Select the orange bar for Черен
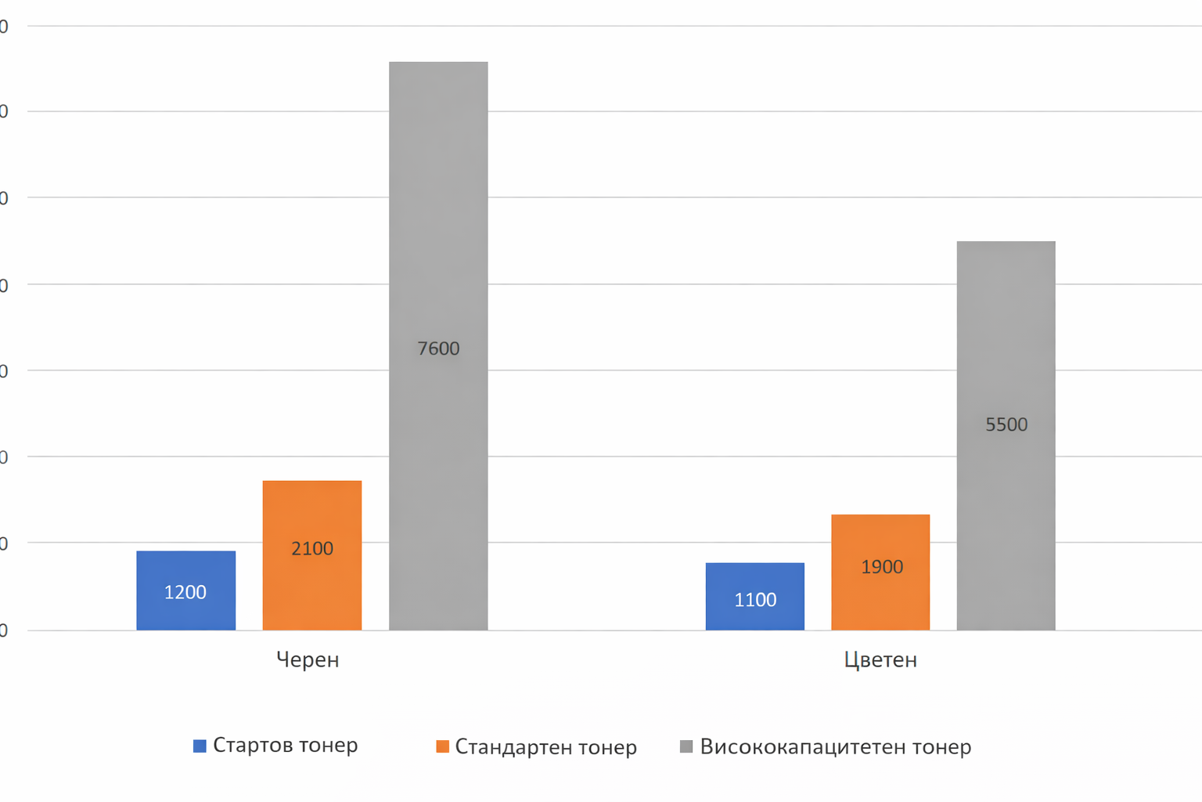coord(311,509)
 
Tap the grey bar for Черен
coord(438,235)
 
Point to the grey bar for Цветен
coord(1006,329)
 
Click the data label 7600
coord(438,349)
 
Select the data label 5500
coord(1006,424)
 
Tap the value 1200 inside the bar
coord(185,592)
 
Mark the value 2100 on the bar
coord(312,548)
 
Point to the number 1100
coord(755,600)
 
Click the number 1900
coord(882,566)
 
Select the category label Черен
coord(308,659)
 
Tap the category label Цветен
coord(880,659)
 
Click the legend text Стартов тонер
coord(285,745)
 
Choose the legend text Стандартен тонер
coord(545,747)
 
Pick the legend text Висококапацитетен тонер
coord(835,746)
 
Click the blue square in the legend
coord(200,746)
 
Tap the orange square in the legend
coord(442,746)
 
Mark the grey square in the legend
coord(686,746)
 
